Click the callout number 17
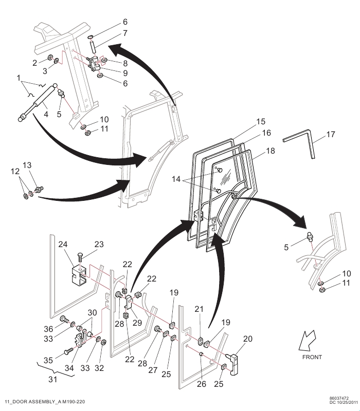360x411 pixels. [x=331, y=135]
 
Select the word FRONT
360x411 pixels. [x=312, y=357]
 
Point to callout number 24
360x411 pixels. [x=63, y=245]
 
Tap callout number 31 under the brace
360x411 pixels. [x=53, y=379]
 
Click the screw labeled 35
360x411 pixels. [x=68, y=350]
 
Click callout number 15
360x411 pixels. [x=261, y=122]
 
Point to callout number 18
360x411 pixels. [x=271, y=151]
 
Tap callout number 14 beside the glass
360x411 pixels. [x=176, y=179]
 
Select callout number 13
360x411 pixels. [x=27, y=165]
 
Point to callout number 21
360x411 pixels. [x=199, y=310]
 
